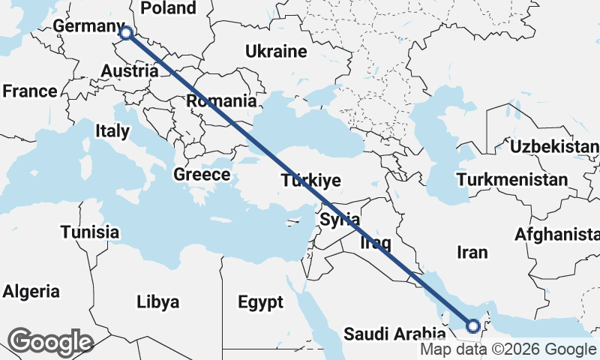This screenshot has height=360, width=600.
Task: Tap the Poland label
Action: click(169, 8)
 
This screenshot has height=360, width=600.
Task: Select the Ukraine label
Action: click(276, 52)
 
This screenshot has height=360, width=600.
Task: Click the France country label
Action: click(29, 91)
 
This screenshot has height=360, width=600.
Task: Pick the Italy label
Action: click(112, 131)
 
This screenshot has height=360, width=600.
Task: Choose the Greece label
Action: click(201, 175)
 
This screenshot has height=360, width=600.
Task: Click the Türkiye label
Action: click(311, 181)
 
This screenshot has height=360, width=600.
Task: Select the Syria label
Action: click(340, 220)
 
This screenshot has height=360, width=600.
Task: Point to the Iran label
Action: click(472, 253)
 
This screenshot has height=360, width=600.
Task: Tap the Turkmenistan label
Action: click(512, 180)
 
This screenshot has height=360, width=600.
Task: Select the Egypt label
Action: click(260, 302)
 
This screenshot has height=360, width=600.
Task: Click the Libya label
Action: click(158, 302)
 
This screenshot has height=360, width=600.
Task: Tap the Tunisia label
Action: click(90, 232)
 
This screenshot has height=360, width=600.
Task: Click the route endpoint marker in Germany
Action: click(126, 33)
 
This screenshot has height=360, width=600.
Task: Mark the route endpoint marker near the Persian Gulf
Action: click(473, 325)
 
